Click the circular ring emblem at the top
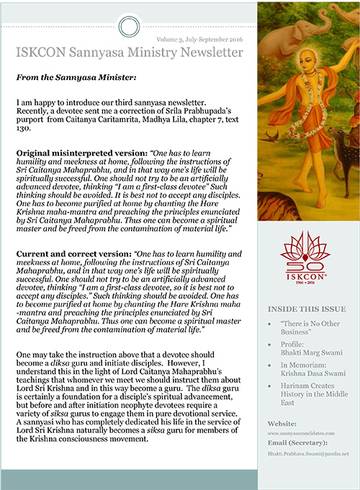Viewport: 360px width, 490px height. pos(127,28)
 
